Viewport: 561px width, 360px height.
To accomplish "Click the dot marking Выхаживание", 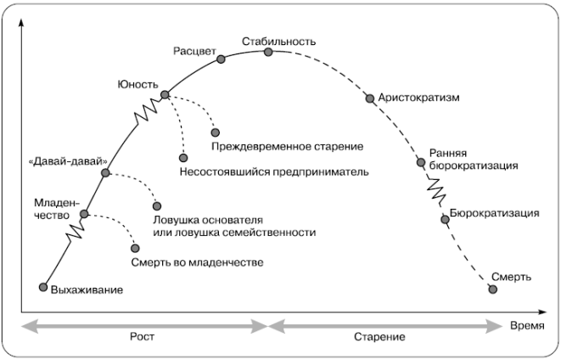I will coord(42,287).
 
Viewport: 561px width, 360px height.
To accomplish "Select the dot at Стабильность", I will coord(269,52).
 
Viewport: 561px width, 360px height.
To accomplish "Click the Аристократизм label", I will coord(419,98).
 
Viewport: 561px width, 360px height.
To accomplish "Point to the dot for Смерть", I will coord(493,290).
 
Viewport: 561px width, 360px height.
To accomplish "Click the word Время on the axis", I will coord(527,325).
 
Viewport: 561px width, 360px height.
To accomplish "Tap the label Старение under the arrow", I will coord(379,337).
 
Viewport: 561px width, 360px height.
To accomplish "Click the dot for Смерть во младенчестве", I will coord(136,248).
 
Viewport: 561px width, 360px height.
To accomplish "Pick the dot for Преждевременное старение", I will coord(216,132).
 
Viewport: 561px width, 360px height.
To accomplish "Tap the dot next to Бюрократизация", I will coord(445,220).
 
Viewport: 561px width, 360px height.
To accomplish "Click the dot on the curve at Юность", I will coord(165,94).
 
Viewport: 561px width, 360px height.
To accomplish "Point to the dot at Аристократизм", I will coord(369,98).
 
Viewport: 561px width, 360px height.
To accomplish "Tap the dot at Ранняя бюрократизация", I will coord(420,161).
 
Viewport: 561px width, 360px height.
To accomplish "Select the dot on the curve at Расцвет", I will coord(222,59).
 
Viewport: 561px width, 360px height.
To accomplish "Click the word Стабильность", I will coord(278,41).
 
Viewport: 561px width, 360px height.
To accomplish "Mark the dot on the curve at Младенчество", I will coord(84,215).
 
